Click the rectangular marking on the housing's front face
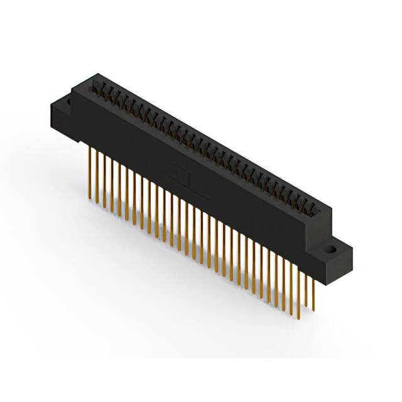(184, 177)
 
